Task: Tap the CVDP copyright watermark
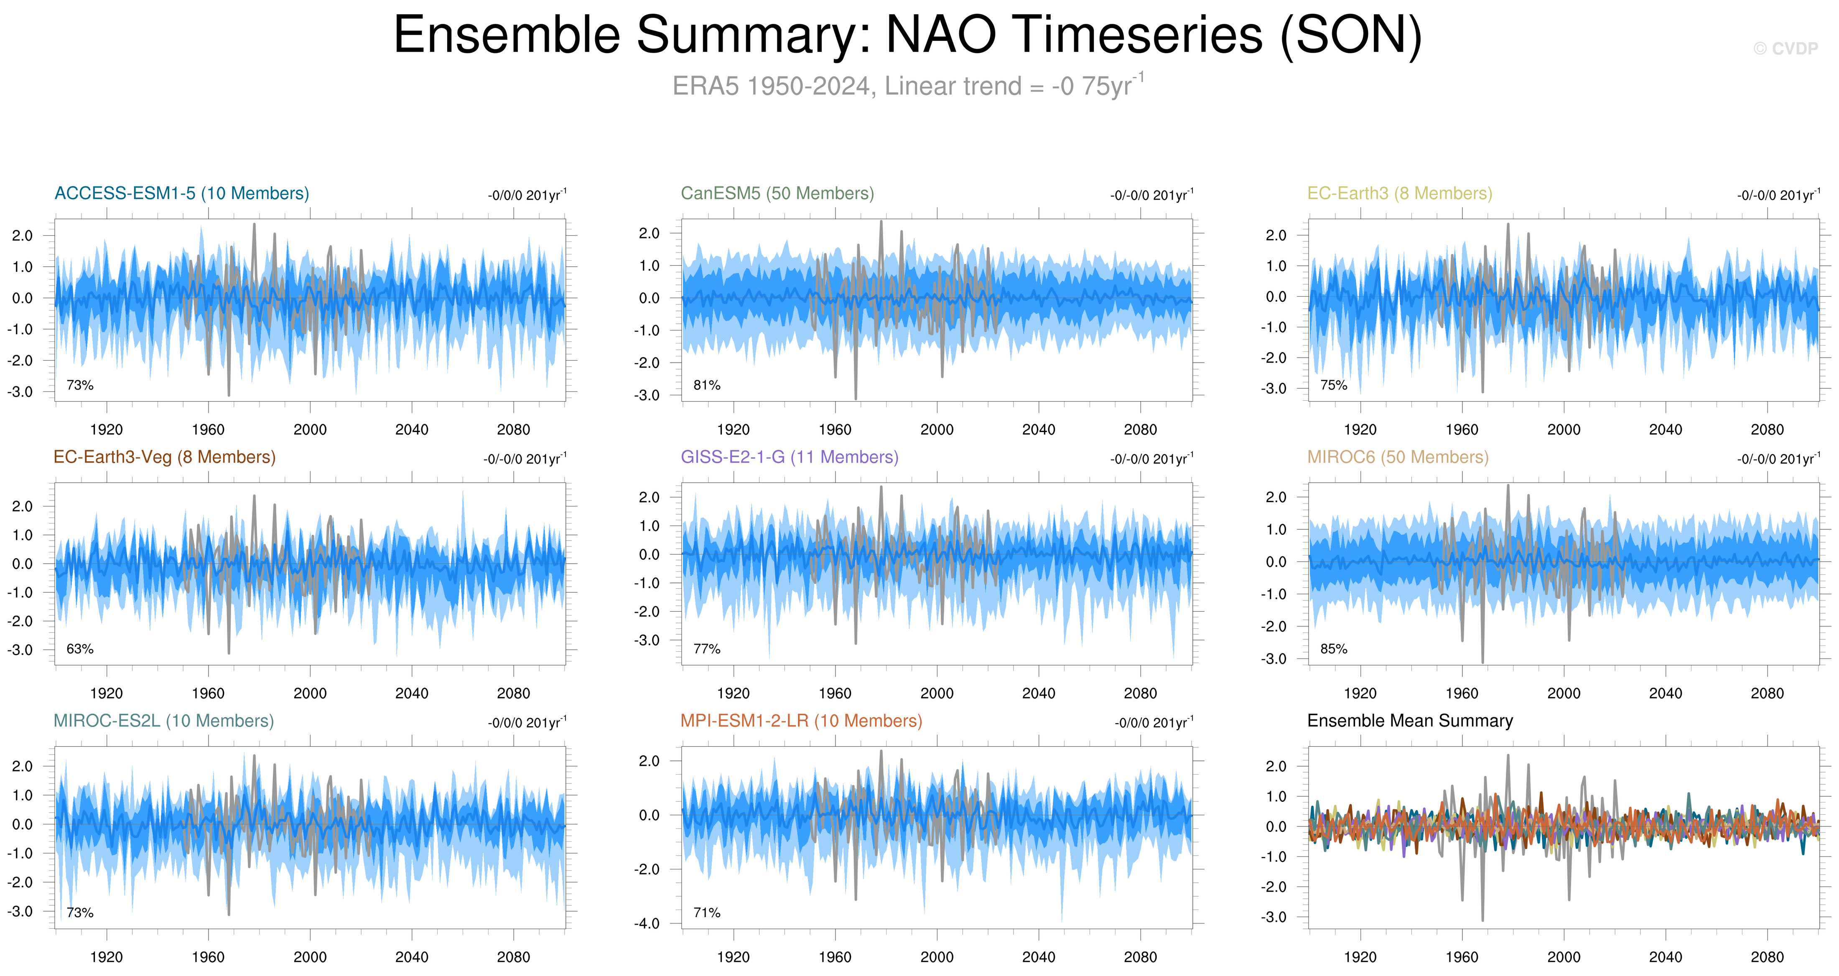1785,48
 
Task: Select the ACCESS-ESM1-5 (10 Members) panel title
181,193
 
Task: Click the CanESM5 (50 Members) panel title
777,193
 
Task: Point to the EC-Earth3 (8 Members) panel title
1399,193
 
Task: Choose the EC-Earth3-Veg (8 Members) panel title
164,457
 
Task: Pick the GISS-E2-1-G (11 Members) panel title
789,457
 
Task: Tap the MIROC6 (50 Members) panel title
1397,457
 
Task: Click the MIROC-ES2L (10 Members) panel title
163,721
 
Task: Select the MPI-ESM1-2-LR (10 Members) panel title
800,721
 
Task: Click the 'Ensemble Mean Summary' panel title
1409,721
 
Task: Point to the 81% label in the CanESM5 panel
707,385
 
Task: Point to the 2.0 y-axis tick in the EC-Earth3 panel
1275,236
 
